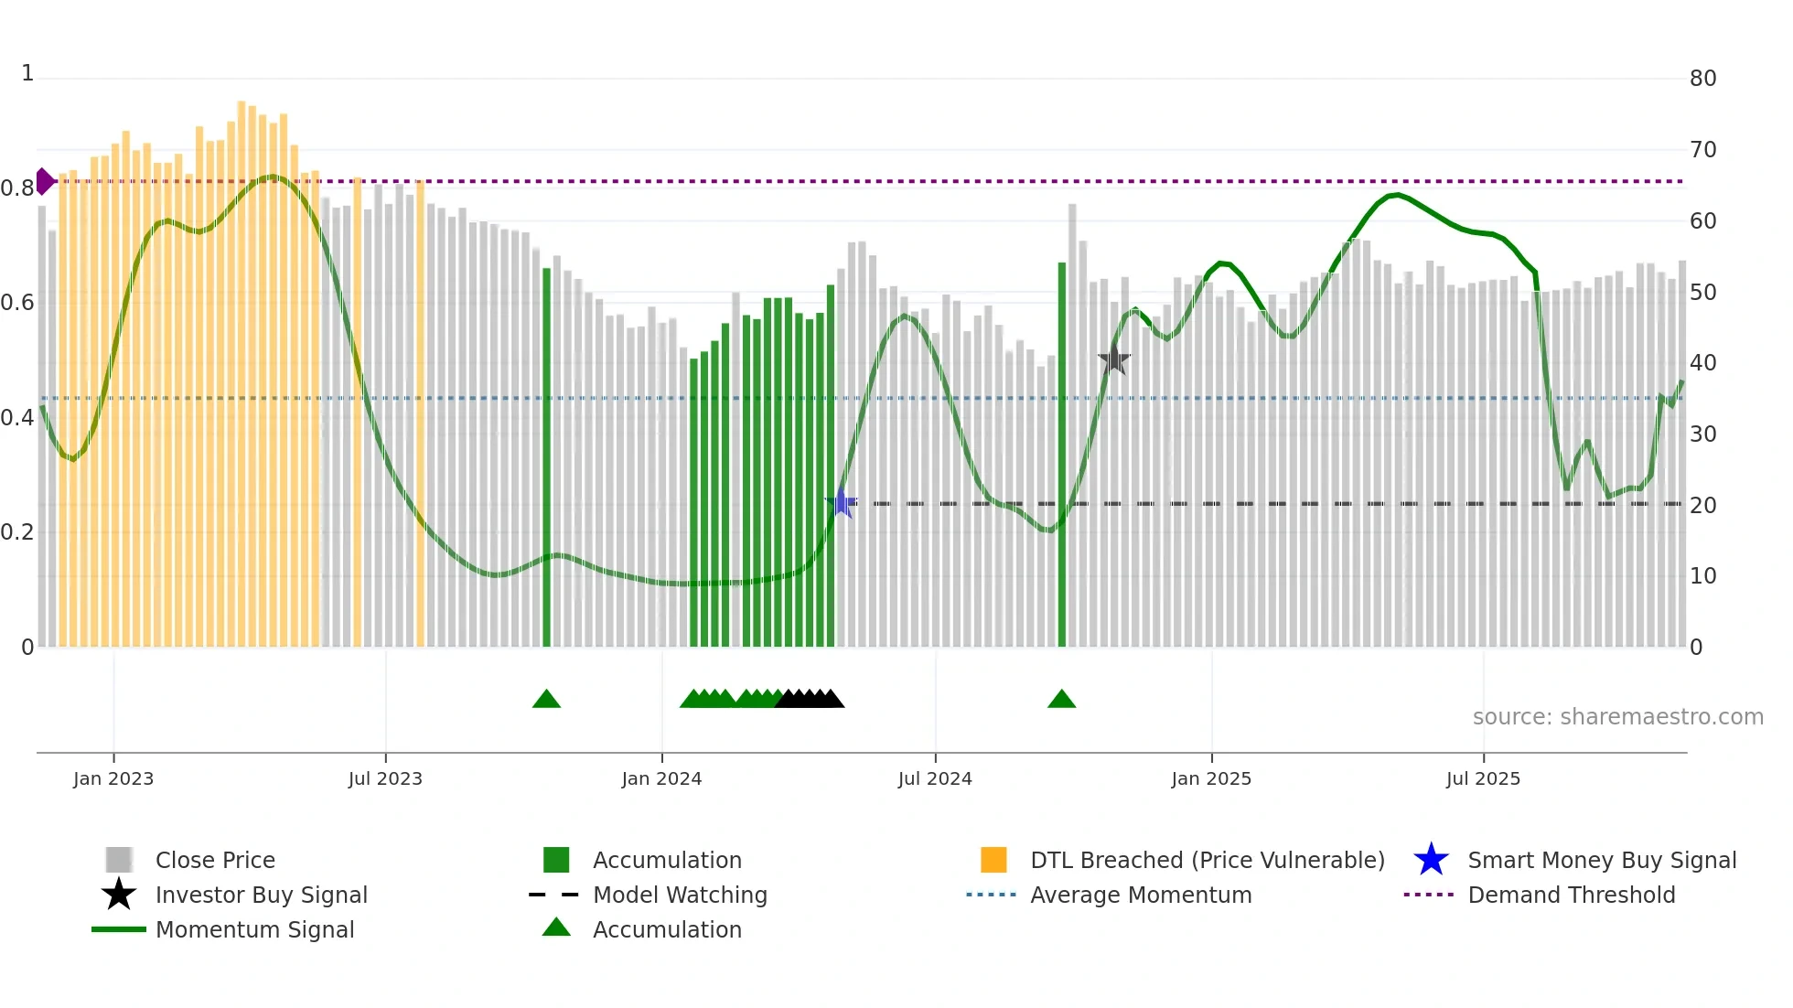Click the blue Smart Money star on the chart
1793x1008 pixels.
(842, 503)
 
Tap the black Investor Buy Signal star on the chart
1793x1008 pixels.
(1114, 359)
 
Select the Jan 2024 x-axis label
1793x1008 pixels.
(661, 778)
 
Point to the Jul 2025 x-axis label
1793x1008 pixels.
(1483, 778)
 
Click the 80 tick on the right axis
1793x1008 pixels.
(1702, 79)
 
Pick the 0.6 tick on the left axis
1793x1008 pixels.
(16, 303)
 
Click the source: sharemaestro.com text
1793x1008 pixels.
(1617, 717)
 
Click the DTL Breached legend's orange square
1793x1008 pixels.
(993, 860)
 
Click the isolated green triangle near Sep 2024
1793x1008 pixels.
(1061, 700)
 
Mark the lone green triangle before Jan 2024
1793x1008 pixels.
(546, 700)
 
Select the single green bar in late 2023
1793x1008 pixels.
(546, 457)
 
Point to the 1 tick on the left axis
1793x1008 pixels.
(27, 73)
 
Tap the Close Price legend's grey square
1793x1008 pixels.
(119, 860)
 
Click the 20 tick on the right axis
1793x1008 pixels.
(1702, 505)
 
